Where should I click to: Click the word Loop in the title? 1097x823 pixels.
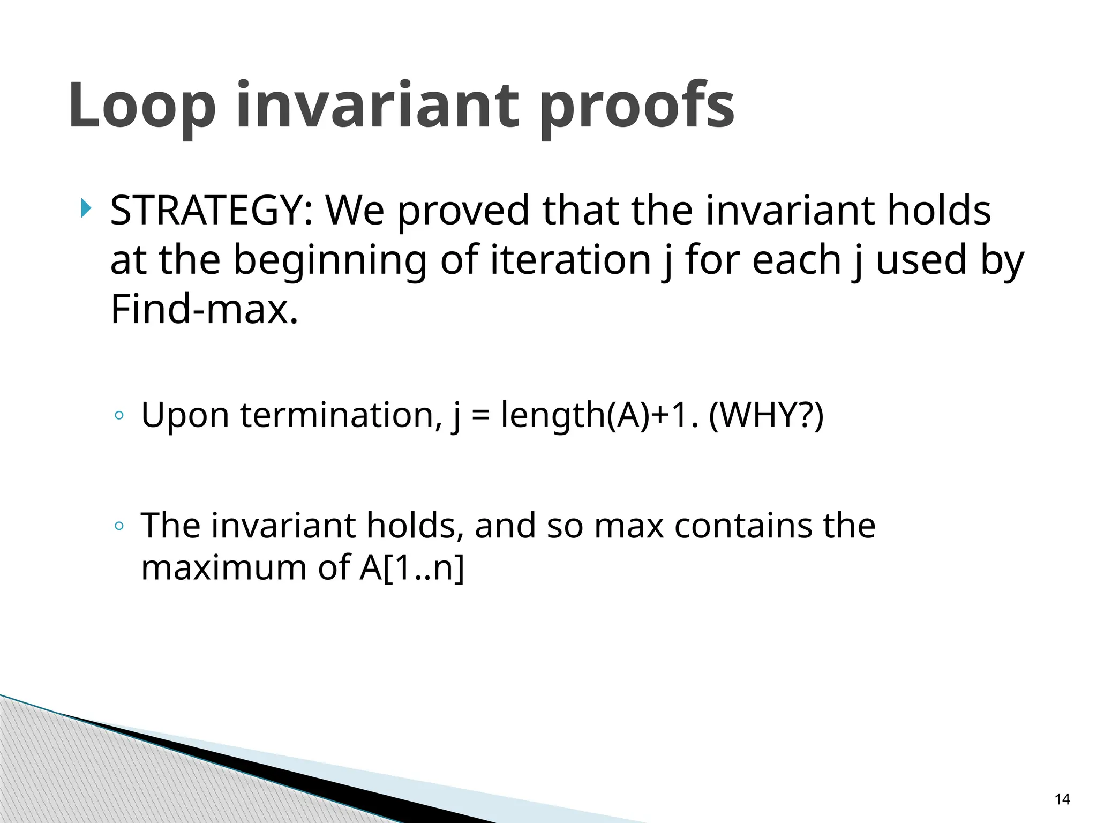click(x=142, y=106)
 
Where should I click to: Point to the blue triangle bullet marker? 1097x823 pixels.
click(x=86, y=208)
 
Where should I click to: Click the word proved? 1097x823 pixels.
click(x=464, y=210)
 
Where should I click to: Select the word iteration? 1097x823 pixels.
click(x=570, y=260)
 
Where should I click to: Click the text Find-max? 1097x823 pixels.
click(x=204, y=309)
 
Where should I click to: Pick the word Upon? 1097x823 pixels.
click(x=185, y=415)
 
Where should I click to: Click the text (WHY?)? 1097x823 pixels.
click(x=766, y=415)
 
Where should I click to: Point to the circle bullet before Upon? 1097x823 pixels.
click(x=119, y=416)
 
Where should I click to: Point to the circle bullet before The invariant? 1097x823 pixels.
click(x=119, y=526)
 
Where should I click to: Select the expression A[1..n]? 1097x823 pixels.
click(x=411, y=567)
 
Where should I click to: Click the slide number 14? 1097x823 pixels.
click(x=1062, y=799)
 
